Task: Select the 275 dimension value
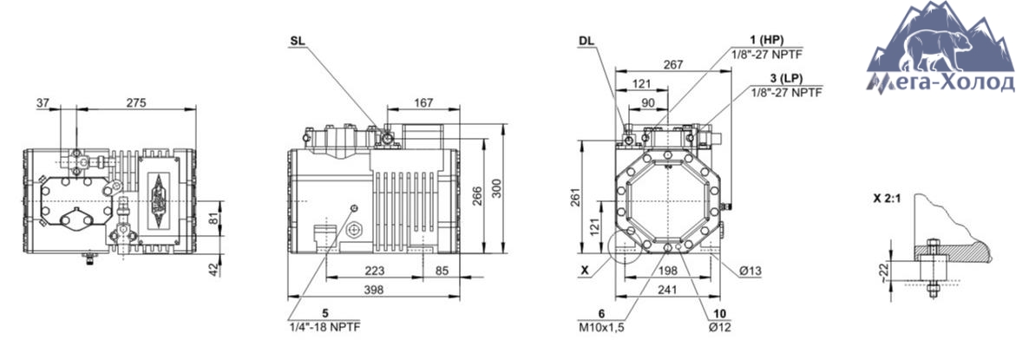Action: tap(136, 102)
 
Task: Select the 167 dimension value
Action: tap(423, 102)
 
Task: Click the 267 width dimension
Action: tap(674, 64)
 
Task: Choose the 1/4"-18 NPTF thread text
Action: tap(324, 326)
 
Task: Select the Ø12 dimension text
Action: tap(719, 327)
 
